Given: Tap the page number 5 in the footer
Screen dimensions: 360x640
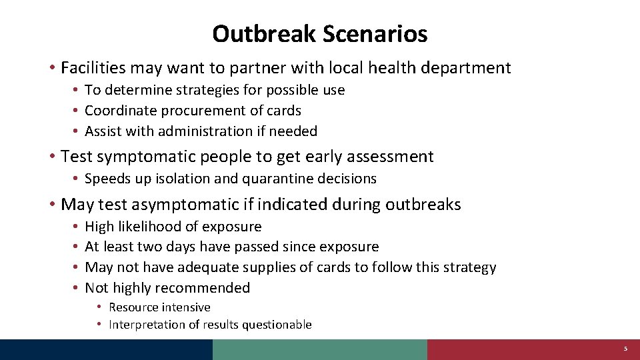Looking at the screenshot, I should (625, 349).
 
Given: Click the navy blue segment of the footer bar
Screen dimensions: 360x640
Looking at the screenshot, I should (107, 349).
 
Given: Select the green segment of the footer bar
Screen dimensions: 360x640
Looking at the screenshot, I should (320, 349).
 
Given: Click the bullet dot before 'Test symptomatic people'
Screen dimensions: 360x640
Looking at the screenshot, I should (51, 157).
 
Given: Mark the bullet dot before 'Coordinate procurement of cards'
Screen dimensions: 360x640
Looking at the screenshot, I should (77, 111).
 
